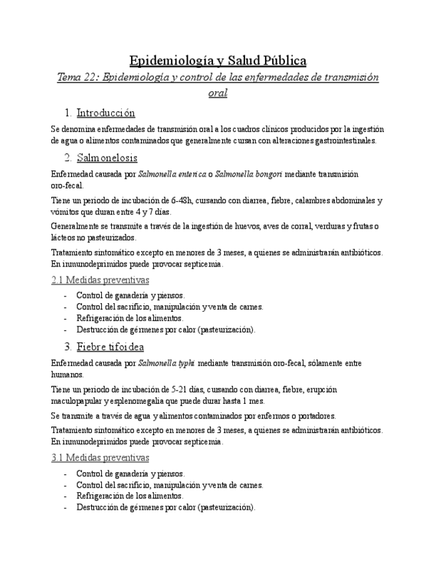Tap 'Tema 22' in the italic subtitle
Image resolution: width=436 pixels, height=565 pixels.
click(77, 77)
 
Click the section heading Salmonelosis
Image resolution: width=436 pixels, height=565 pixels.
click(107, 158)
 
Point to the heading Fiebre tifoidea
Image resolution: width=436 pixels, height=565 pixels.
click(110, 347)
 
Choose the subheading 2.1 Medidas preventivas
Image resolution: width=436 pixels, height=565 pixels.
click(100, 280)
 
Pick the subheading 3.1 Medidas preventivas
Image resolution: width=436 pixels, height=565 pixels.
click(100, 458)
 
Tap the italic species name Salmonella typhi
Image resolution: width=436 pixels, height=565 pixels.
click(166, 363)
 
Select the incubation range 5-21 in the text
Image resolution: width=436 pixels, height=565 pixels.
click(180, 389)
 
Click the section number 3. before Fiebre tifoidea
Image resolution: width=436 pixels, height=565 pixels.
click(68, 347)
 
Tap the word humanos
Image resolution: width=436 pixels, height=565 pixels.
click(67, 374)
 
